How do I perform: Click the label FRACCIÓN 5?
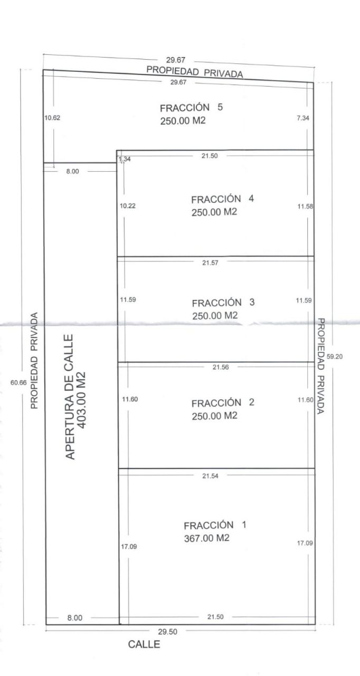[191, 107]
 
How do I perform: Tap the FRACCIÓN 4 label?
[223, 199]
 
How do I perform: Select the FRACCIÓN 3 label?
[223, 303]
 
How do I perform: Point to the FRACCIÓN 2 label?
[223, 402]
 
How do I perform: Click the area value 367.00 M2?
[207, 538]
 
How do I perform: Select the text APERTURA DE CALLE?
[70, 397]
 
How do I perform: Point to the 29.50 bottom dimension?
[168, 632]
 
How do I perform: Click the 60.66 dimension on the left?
[18, 382]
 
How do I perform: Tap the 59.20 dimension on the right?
[335, 356]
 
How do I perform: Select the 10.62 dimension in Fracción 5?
[52, 118]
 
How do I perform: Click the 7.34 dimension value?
[303, 118]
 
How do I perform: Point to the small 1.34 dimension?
[125, 159]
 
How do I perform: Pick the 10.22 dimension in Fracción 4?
[128, 206]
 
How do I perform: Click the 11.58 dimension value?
[305, 206]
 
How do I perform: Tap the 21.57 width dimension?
[210, 262]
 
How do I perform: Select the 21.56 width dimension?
[221, 367]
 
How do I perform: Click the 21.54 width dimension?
[210, 476]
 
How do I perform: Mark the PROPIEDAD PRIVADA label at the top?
[194, 72]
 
